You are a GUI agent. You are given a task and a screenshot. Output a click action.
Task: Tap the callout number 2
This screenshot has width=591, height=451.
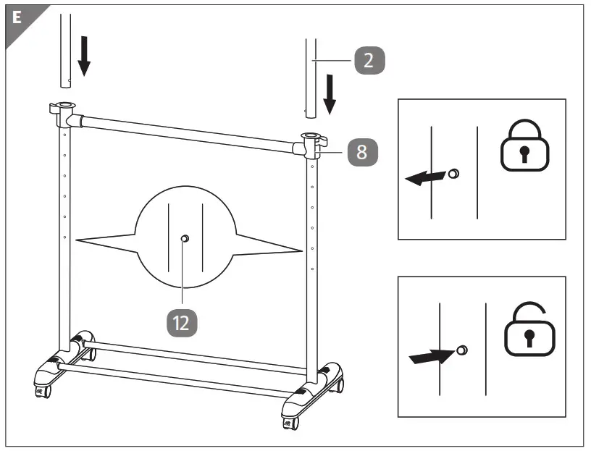tap(369, 62)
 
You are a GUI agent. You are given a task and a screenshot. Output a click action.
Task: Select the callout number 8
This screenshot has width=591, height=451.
tap(361, 153)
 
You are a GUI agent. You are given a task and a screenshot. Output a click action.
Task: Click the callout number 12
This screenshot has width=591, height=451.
tap(182, 322)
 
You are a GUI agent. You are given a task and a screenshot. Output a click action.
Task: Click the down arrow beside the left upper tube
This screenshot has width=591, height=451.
tap(84, 58)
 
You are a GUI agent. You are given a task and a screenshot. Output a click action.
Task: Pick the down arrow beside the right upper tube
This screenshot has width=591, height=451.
tap(331, 94)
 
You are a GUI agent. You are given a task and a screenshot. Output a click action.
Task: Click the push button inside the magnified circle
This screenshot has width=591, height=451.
tap(185, 238)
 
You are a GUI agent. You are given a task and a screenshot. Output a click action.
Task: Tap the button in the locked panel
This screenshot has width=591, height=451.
tap(454, 174)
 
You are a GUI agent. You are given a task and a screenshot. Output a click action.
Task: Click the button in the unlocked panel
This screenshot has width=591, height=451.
tap(462, 351)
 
